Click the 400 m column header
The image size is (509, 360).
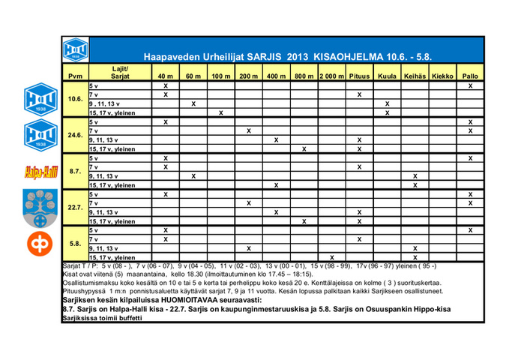(276, 76)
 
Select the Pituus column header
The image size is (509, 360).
(359, 76)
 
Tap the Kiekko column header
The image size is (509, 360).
(443, 76)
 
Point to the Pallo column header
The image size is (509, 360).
(470, 76)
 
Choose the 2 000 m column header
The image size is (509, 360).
(331, 76)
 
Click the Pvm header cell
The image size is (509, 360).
(75, 76)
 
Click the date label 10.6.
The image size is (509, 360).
(75, 99)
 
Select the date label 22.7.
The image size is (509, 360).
(75, 207)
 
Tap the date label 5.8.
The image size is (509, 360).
(75, 243)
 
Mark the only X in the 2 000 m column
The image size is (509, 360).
(331, 256)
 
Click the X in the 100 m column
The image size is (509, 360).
(220, 112)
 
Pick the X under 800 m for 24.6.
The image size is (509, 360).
(304, 148)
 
